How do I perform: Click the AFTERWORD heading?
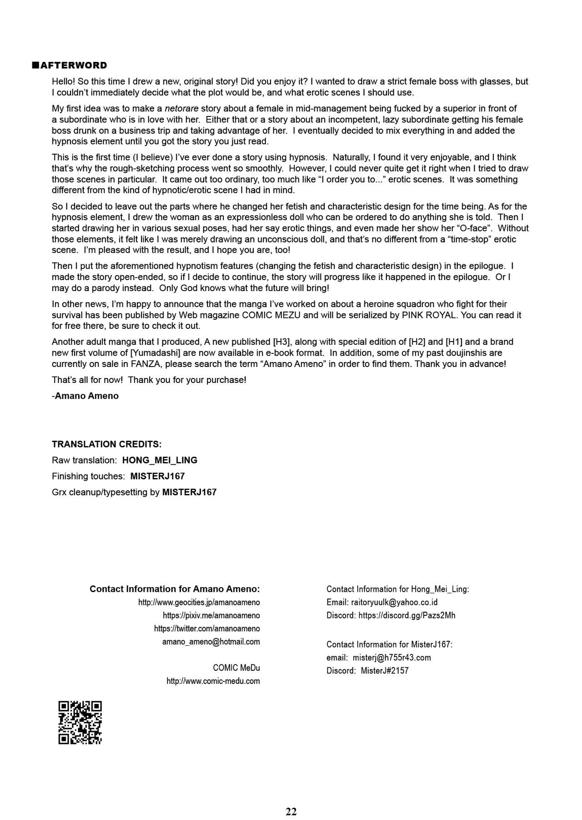pyautogui.click(x=74, y=65)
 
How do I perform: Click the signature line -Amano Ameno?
pyautogui.click(x=85, y=396)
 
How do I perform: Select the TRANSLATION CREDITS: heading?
pyautogui.click(x=106, y=444)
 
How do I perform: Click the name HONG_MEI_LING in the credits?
pyautogui.click(x=160, y=460)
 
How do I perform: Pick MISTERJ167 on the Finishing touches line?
pyautogui.click(x=157, y=476)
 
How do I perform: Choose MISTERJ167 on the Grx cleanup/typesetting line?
pyautogui.click(x=189, y=492)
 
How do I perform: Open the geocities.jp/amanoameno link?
pyautogui.click(x=199, y=602)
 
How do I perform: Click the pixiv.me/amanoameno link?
pyautogui.click(x=211, y=615)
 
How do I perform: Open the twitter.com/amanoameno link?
pyautogui.click(x=207, y=629)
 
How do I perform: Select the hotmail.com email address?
pyautogui.click(x=211, y=642)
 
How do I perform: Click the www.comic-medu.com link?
pyautogui.click(x=213, y=681)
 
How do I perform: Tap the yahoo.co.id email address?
pyautogui.click(x=394, y=602)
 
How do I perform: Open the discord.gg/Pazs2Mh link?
pyautogui.click(x=406, y=615)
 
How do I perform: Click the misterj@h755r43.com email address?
pyautogui.click(x=391, y=658)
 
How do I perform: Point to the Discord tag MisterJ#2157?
pyautogui.click(x=385, y=671)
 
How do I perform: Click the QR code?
pyautogui.click(x=80, y=723)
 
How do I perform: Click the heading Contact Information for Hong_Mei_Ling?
pyautogui.click(x=397, y=589)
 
